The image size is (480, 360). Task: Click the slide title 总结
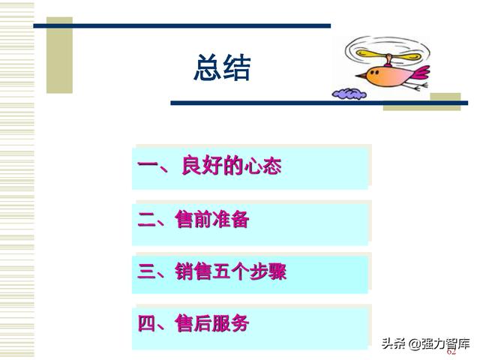pos(222,67)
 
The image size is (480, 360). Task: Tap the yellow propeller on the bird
pos(388,55)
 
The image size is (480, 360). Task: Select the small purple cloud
pos(349,94)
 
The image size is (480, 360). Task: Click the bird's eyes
pos(374,72)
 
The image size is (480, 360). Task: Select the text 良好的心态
pos(232,165)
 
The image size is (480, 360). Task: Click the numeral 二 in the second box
pos(147,219)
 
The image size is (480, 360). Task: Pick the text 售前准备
pos(212,219)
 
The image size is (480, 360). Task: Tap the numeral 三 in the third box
pos(147,271)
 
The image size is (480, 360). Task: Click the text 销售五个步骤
pos(231,271)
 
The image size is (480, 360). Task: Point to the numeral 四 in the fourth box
pos(147,323)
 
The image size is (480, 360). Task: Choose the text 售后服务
pos(212,323)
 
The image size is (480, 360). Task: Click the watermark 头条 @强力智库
pos(426,343)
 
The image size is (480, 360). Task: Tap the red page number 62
pos(451,352)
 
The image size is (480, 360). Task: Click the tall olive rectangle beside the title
pos(59,55)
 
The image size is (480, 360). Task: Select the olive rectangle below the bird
pos(421,102)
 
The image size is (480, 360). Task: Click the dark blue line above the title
pos(182,26)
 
